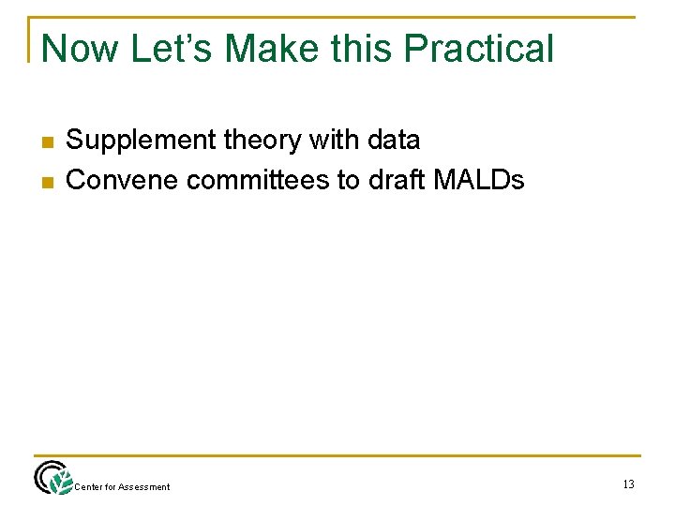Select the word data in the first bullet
[395, 141]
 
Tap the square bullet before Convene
[45, 181]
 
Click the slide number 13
[627, 484]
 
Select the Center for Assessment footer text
[122, 486]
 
